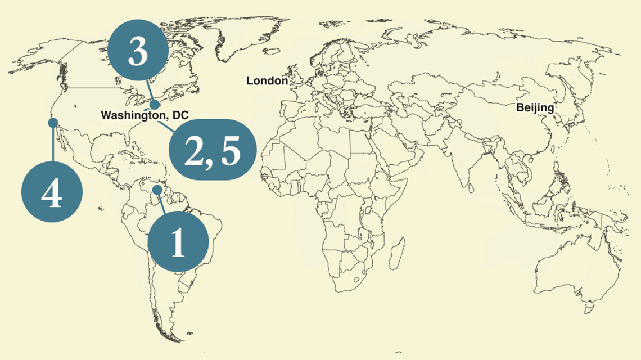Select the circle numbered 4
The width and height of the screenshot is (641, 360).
click(52, 192)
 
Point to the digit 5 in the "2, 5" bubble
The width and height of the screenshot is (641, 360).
click(231, 150)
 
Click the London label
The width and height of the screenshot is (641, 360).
click(267, 81)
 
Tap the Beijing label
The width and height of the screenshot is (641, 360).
click(535, 107)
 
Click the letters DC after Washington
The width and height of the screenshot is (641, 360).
click(180, 115)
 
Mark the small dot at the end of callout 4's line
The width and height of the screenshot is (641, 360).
click(53, 122)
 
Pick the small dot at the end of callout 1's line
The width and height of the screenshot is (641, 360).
click(158, 190)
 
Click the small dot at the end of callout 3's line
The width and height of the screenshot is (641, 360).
click(155, 104)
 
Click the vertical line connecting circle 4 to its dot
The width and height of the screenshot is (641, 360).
click(53, 143)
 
